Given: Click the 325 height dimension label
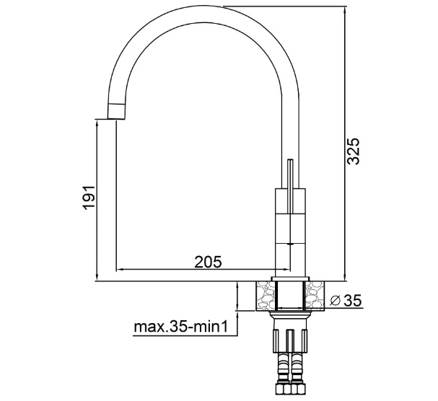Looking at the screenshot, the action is click(353, 151).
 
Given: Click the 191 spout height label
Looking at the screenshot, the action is click(89, 197).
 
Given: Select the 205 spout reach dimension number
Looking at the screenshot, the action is click(208, 262).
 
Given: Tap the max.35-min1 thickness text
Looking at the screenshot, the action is click(180, 327).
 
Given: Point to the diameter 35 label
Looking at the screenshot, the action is click(346, 301).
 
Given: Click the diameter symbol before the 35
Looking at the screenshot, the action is click(335, 301).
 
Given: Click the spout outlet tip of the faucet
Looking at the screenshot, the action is click(116, 112).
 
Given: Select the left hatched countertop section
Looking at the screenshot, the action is click(266, 296).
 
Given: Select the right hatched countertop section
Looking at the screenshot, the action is click(315, 296).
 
